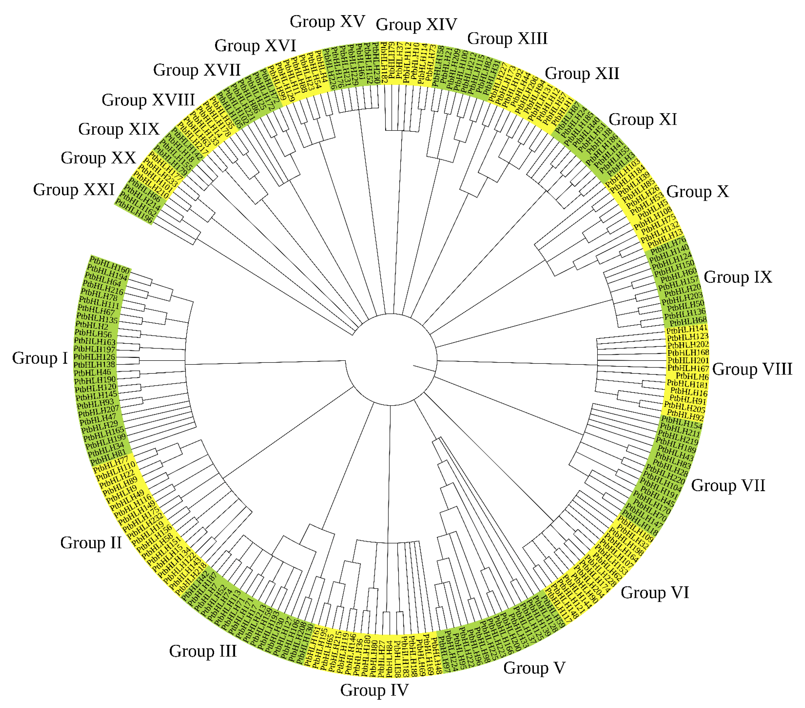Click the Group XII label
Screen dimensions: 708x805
coord(582,74)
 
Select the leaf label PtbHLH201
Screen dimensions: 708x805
coord(688,360)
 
